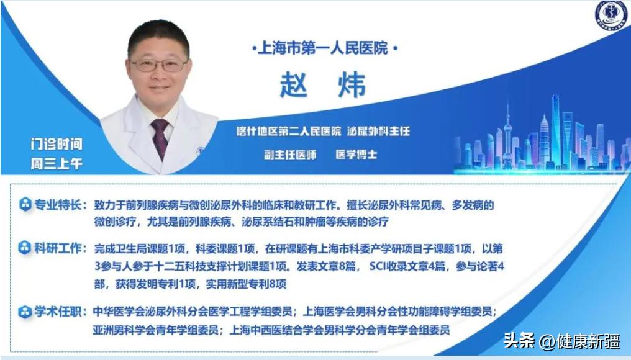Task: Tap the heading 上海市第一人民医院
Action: pyautogui.click(x=322, y=47)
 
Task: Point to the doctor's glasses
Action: pyautogui.click(x=160, y=65)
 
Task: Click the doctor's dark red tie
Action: pyautogui.click(x=160, y=138)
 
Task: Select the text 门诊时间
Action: pyautogui.click(x=57, y=144)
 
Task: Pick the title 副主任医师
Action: pyautogui.click(x=289, y=154)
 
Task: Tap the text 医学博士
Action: pyautogui.click(x=356, y=154)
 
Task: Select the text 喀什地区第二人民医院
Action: pyautogui.click(x=289, y=132)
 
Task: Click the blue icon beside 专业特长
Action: pyautogui.click(x=25, y=205)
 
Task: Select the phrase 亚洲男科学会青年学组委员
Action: pyautogui.click(x=156, y=330)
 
